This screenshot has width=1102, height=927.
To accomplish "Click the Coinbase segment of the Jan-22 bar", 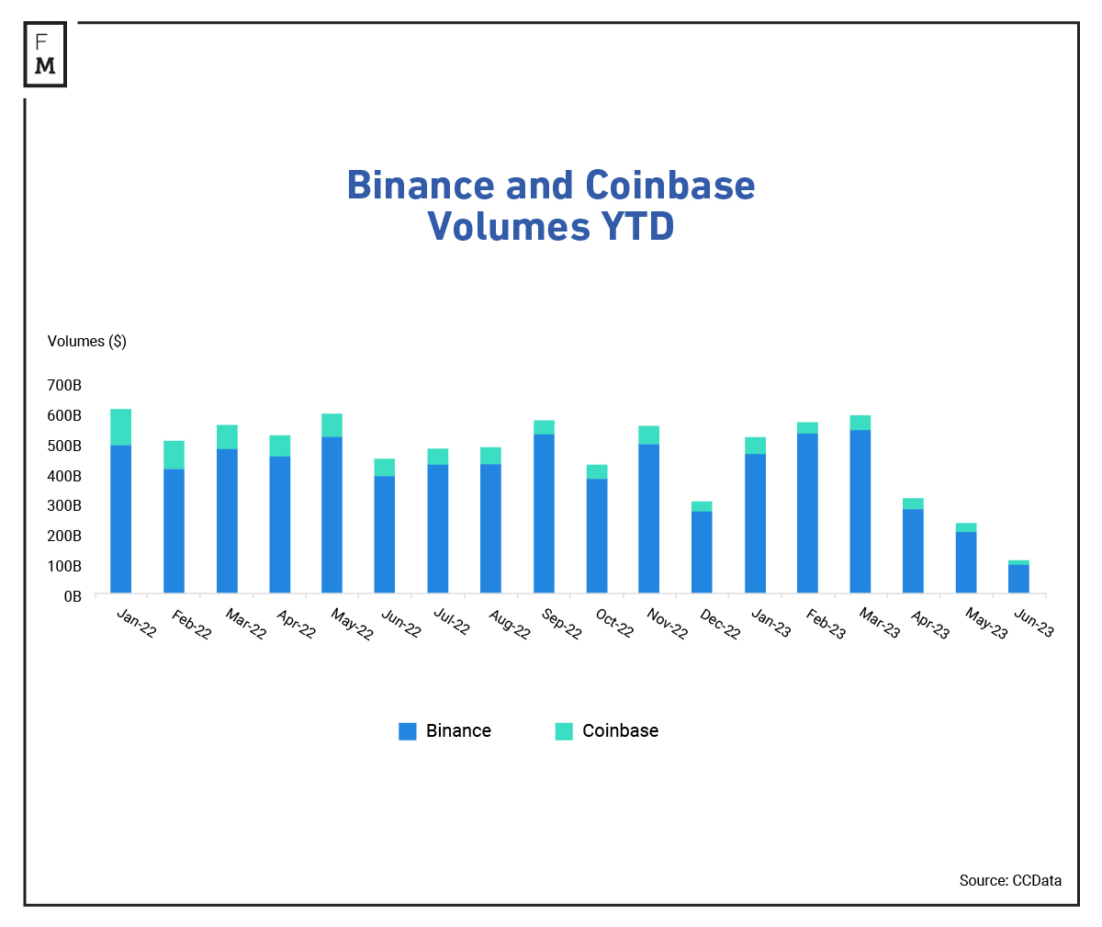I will [x=120, y=427].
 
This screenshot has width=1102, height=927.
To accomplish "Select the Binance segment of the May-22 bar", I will [x=332, y=514].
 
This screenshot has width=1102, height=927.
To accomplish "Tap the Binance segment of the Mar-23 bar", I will [x=860, y=511].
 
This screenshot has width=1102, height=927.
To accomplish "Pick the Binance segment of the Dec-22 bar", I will [x=702, y=551].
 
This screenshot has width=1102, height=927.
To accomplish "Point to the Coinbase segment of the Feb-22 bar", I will [x=174, y=455].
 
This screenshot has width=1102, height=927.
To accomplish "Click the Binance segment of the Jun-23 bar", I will [x=1018, y=579].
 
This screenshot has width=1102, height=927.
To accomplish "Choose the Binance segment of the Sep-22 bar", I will [x=544, y=513].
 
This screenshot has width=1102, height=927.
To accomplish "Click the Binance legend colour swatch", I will [x=408, y=731].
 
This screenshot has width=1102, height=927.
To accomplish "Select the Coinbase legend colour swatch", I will [x=564, y=731].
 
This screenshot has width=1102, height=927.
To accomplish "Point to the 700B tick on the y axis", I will [x=64, y=385].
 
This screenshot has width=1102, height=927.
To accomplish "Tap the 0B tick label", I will [x=73, y=596].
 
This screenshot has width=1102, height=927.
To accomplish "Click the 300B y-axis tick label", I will [x=64, y=506].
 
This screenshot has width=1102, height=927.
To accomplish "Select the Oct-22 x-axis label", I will [x=614, y=623].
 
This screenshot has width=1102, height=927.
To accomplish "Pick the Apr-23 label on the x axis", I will [x=929, y=625].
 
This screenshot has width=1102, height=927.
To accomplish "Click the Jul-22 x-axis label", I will [x=451, y=622].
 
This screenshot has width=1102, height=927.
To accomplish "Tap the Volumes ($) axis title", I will [x=87, y=342].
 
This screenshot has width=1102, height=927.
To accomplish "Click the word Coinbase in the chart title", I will [x=670, y=186].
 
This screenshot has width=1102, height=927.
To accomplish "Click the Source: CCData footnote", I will [x=1010, y=880].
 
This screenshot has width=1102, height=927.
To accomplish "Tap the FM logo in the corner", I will [x=45, y=54].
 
